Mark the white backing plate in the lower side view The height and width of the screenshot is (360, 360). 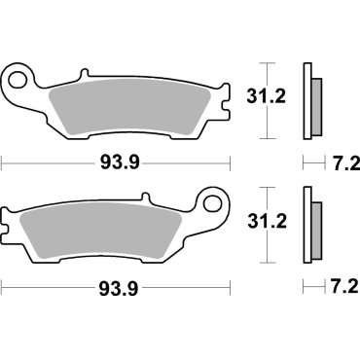(308, 230)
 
